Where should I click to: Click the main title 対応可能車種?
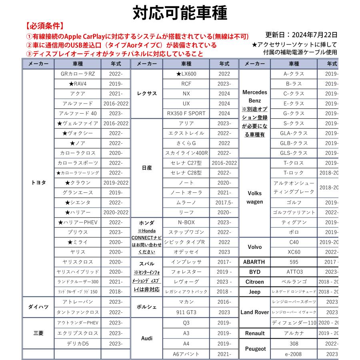180,13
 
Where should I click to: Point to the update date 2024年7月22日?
301,35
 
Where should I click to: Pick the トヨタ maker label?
38,182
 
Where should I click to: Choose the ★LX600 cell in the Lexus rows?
186,74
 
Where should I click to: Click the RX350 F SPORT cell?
186,113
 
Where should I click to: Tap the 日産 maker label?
147,168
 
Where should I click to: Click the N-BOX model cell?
186,222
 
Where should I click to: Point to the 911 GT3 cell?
186,312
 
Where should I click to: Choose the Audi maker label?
147,338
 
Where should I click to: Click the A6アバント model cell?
186,354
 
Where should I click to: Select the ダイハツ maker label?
38,307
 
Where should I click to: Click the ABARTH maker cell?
254,262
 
